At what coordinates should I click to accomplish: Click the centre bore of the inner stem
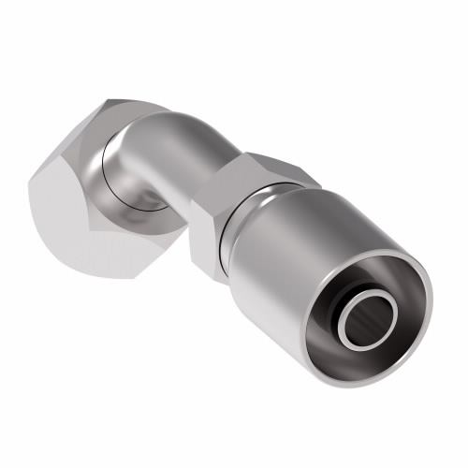pos(367,325)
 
